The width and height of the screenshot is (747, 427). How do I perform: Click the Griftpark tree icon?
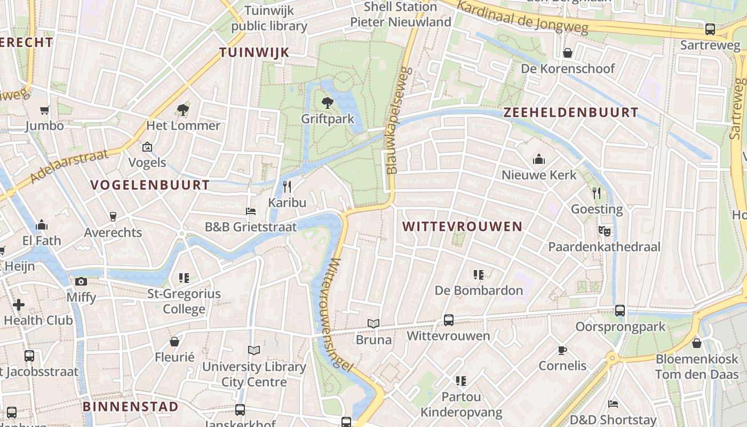click(327, 102)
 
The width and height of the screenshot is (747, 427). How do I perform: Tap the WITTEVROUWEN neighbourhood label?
click(462, 226)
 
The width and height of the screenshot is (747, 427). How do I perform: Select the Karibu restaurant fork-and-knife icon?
click(287, 186)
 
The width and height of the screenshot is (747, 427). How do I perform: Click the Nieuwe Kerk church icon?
click(539, 159)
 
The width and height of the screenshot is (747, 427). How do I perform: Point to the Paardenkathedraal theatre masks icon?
click(604, 231)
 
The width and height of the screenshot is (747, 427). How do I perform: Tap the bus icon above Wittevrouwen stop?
click(449, 320)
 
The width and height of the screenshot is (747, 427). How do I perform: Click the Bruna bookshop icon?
click(373, 323)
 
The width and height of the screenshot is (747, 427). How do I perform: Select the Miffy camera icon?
click(81, 281)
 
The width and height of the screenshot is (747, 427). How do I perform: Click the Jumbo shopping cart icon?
click(44, 110)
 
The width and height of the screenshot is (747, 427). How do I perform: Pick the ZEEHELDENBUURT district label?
click(571, 112)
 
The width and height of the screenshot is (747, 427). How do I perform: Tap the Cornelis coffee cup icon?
click(562, 350)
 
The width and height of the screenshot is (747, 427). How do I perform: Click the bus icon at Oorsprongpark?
click(619, 310)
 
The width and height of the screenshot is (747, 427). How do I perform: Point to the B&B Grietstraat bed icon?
click(250, 211)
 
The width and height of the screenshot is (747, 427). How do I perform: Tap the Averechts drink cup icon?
click(113, 216)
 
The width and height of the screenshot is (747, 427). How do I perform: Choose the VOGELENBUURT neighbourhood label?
click(150, 185)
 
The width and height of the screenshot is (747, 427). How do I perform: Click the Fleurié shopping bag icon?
click(174, 342)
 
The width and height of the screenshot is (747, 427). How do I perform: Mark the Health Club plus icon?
click(19, 305)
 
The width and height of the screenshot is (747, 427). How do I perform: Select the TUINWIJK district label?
click(254, 52)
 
